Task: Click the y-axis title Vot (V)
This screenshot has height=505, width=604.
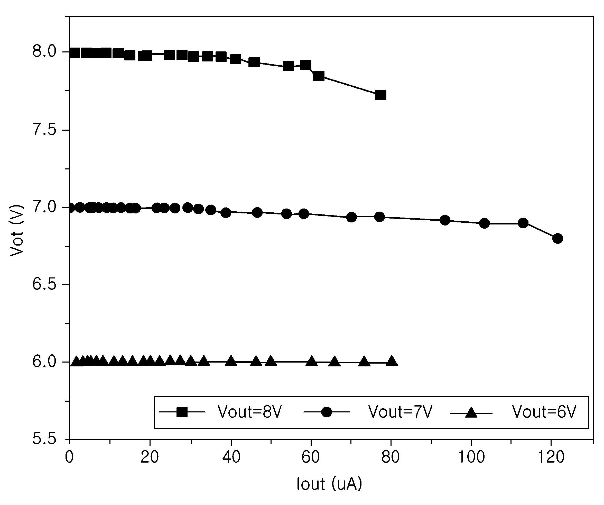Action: point(16,230)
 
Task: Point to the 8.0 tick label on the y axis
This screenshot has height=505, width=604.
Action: point(44,52)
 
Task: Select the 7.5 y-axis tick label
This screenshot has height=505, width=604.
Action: point(44,130)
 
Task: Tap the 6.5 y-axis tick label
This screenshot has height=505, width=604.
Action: point(44,284)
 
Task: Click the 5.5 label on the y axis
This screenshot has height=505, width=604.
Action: point(44,439)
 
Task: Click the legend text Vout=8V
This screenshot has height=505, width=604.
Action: point(250,412)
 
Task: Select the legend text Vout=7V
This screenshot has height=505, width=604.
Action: point(400,412)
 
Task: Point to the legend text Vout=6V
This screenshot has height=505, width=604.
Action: point(544,412)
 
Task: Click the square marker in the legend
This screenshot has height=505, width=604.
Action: point(182,412)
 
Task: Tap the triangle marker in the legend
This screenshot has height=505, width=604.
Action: point(471,412)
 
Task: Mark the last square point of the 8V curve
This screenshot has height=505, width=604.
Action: point(380,95)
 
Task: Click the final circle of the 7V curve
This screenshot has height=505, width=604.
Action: point(558,238)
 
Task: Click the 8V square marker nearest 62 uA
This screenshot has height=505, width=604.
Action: point(319,76)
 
